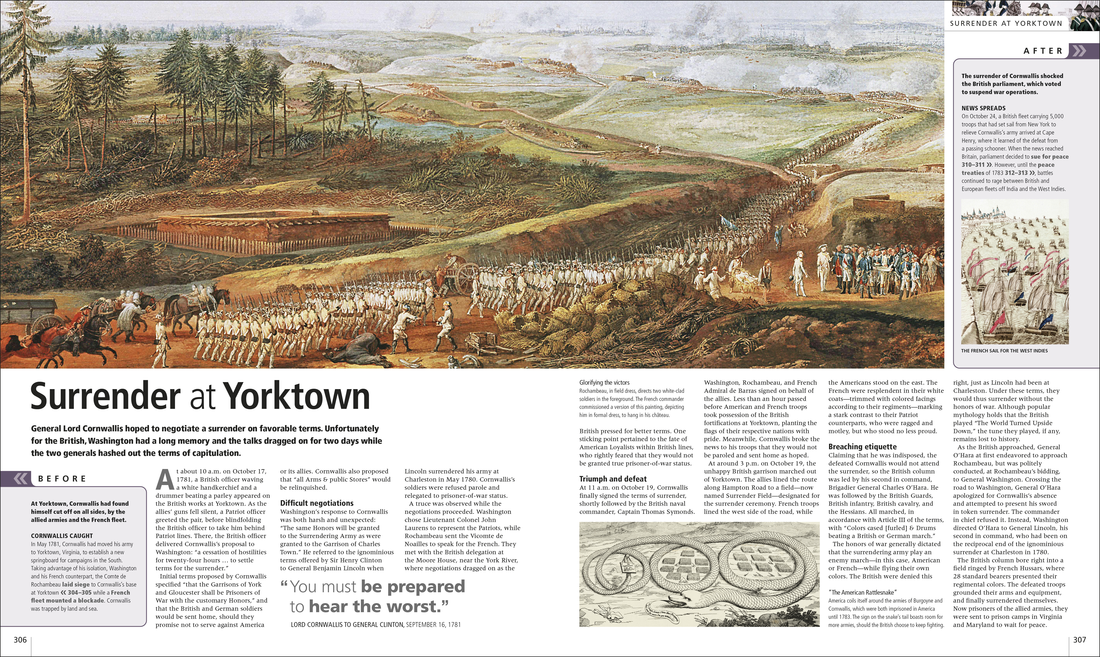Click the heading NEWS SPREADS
click(983, 108)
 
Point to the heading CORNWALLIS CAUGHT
click(62, 536)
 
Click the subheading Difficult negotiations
click(317, 503)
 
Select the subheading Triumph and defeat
click(613, 479)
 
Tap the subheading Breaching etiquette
click(862, 447)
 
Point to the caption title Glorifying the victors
click(604, 382)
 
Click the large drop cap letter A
click(165, 480)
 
